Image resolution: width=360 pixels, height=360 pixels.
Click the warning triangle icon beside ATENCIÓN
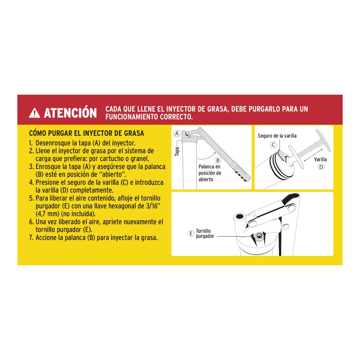pos(35,113)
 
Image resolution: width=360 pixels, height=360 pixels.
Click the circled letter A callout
pos(177,134)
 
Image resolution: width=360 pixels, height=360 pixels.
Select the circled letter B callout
pos(218,160)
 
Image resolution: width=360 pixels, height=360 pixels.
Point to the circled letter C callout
pos(273,145)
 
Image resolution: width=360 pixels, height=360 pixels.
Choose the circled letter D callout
pos(321,167)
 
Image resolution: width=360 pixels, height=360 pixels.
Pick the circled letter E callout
pos(191,234)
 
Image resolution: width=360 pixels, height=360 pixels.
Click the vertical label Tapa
pos(177,152)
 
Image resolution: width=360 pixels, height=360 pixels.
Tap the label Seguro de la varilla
pos(277,136)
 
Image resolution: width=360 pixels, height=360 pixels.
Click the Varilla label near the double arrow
pos(320,159)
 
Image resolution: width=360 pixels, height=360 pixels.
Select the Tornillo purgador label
pos(205,234)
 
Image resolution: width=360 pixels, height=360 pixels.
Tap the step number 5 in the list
pos(31,198)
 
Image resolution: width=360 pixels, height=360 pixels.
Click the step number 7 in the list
pos(31,238)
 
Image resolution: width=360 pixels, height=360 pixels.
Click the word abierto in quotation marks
pos(112,175)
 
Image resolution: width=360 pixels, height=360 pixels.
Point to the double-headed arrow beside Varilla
pos(314,155)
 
